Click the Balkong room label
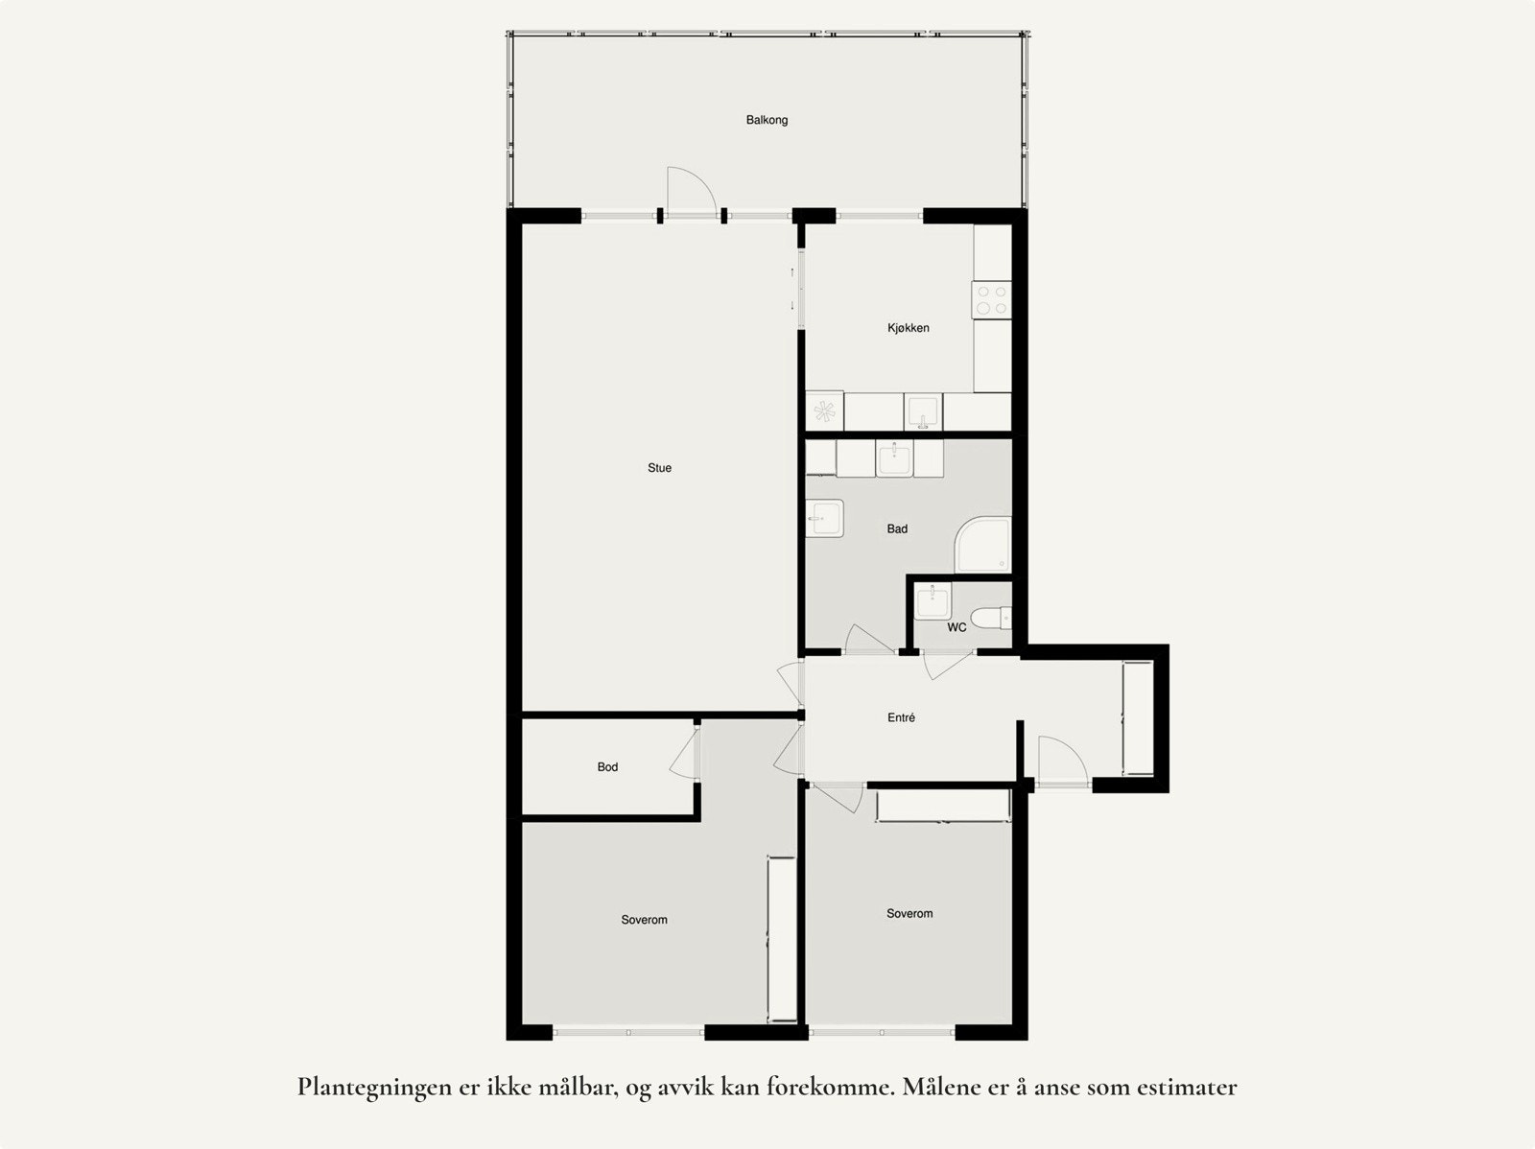click(x=767, y=121)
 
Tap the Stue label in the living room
click(x=659, y=468)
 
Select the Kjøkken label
click(x=908, y=328)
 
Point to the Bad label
click(x=897, y=528)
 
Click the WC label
click(x=956, y=628)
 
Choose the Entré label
click(x=901, y=717)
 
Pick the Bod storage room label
click(x=607, y=767)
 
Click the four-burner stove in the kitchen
click(x=992, y=300)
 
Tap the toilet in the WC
click(x=991, y=617)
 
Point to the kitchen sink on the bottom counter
click(x=924, y=410)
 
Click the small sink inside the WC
click(x=931, y=602)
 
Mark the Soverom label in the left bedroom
click(x=644, y=920)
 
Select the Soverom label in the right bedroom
click(x=909, y=914)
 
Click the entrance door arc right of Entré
click(x=1060, y=758)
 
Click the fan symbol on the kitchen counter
click(x=824, y=411)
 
